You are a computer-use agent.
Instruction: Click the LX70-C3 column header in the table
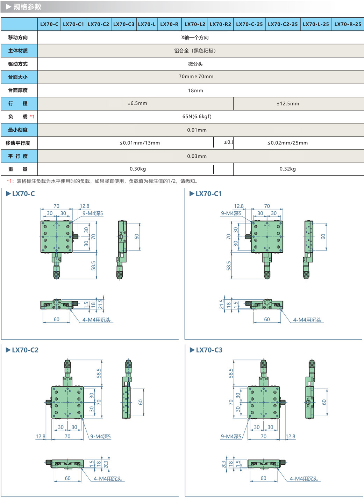pos(123,24)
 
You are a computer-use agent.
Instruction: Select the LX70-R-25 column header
pos(347,24)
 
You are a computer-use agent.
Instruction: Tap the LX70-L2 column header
pos(195,24)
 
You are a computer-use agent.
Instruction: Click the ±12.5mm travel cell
pos(288,104)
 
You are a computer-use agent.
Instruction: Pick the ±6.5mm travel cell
pos(137,103)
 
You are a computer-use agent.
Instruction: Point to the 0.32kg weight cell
pos(287,169)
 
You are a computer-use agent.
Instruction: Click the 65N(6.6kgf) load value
pos(197,116)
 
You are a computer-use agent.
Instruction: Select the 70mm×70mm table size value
pos(196,77)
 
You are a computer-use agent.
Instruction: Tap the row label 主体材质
pos(18,51)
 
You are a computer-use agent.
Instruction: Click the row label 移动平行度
pos(18,143)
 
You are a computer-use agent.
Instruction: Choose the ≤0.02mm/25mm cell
pos(287,143)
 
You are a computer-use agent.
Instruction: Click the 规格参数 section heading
pos(27,7)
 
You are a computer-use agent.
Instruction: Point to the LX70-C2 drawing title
pos(25,350)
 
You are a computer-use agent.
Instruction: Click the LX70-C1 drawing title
pos(208,194)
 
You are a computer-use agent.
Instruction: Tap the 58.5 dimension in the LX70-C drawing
pos(93,266)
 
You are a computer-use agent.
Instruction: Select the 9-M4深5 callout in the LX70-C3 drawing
pos(231,437)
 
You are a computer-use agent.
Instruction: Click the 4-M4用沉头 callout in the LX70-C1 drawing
pos(307,320)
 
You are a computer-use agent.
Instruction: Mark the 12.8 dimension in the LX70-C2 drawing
pos(41,436)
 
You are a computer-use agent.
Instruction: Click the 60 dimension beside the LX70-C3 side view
pos(324,402)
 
